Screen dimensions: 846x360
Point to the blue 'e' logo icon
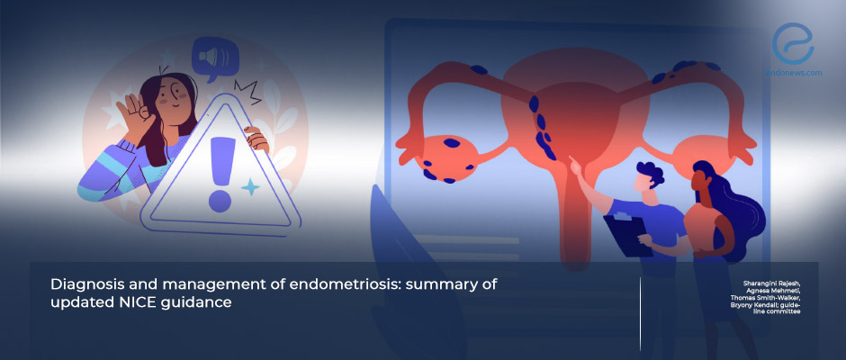coord(793,44)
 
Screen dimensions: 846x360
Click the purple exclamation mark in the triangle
coord(220,175)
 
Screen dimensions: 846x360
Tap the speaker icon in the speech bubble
coord(214,58)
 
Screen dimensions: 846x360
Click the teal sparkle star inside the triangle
coord(250,186)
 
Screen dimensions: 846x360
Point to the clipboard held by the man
coord(628,235)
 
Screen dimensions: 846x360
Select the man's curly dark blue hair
coord(650,174)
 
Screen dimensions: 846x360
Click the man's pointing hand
coord(575,164)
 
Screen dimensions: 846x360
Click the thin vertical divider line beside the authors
coord(641,314)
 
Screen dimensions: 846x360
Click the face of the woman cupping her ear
coord(174,96)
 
